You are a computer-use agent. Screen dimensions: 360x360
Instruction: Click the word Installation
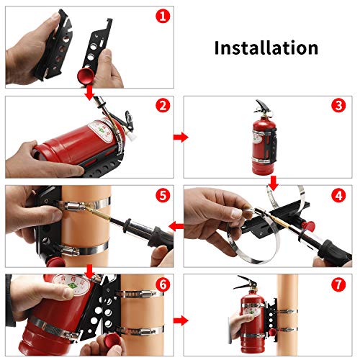266,48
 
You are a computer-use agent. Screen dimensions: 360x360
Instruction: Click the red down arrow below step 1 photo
89,91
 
